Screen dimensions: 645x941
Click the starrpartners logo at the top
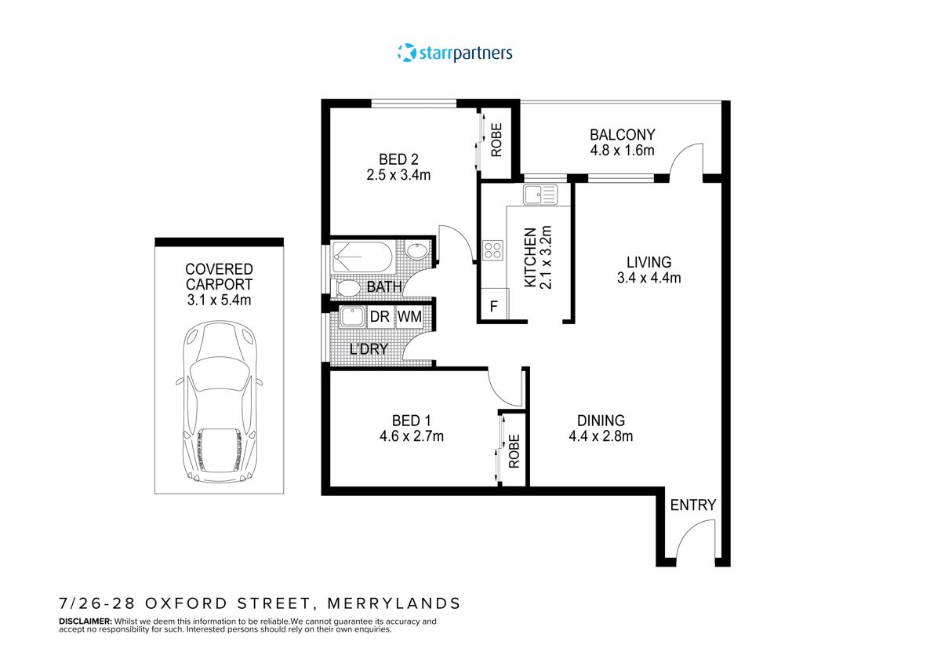(x=455, y=53)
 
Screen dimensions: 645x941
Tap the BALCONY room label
(x=622, y=134)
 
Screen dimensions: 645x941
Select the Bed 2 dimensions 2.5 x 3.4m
(x=398, y=175)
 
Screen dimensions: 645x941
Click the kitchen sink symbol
(x=540, y=193)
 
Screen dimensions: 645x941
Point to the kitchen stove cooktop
(x=493, y=250)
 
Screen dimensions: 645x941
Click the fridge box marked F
(x=494, y=306)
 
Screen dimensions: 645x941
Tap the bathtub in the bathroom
(x=362, y=256)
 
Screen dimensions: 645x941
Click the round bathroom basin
(x=417, y=252)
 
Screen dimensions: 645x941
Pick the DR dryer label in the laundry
(x=380, y=316)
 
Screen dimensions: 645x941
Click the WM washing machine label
(x=409, y=316)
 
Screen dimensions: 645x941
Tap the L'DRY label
(x=369, y=349)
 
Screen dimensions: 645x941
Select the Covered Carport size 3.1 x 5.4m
(x=219, y=300)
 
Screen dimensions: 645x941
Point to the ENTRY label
(x=693, y=505)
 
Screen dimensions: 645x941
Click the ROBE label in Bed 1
(x=514, y=451)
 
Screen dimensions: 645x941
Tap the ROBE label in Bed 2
(x=496, y=140)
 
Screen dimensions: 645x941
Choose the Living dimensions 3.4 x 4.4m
(x=649, y=277)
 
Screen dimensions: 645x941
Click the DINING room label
(x=601, y=421)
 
